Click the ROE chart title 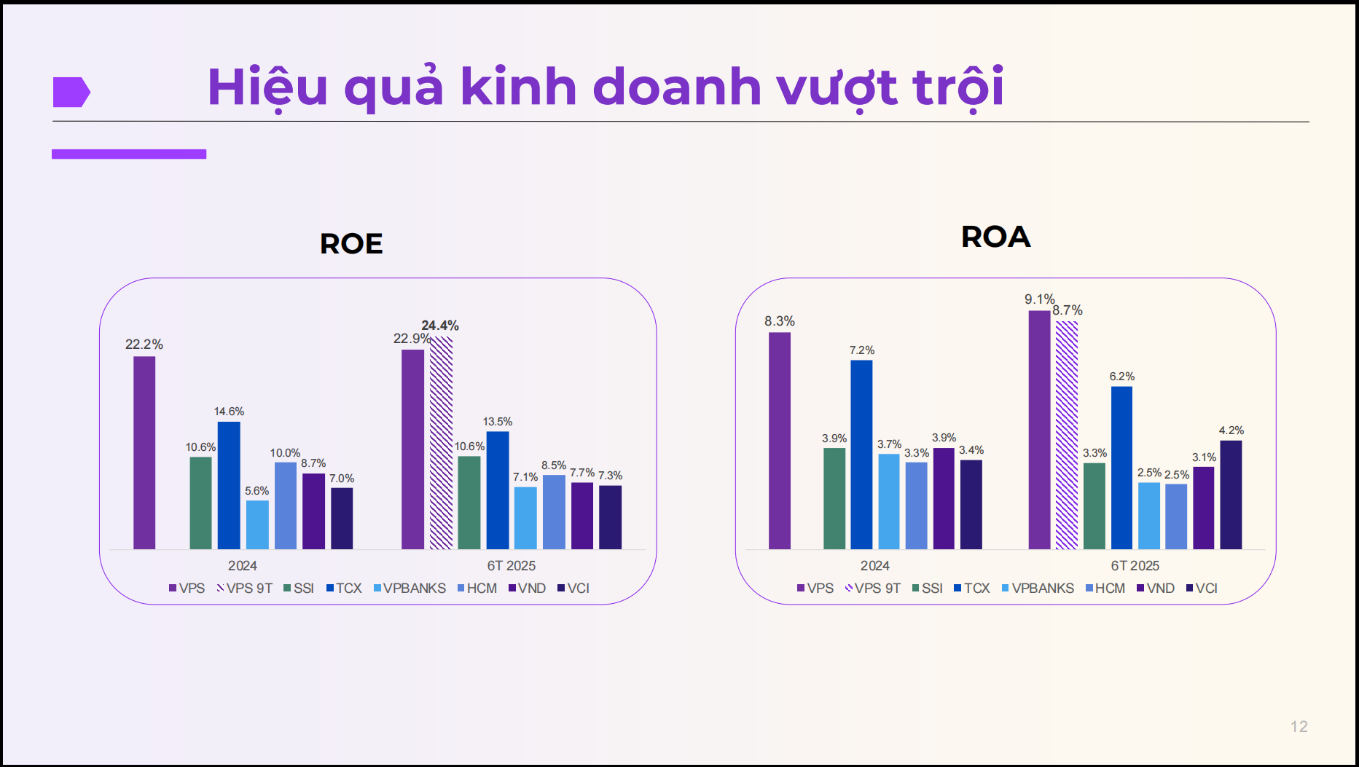[x=351, y=243]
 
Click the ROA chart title [x=996, y=237]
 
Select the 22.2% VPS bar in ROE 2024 [x=144, y=452]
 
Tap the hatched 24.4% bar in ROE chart [x=441, y=443]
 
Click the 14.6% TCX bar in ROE [x=229, y=485]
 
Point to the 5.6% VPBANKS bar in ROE [x=257, y=524]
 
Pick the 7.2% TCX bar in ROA [x=861, y=455]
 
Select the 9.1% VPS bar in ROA [x=1040, y=430]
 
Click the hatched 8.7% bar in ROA [x=1067, y=435]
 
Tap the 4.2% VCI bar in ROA [x=1231, y=495]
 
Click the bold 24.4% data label [x=440, y=326]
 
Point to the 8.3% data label [x=780, y=321]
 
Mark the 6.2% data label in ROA [x=1122, y=377]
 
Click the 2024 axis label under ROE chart [x=243, y=566]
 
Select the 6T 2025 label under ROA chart [x=1135, y=566]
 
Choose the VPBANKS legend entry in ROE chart [x=410, y=589]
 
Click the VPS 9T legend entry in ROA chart [x=873, y=589]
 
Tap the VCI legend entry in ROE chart [x=573, y=589]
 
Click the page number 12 [x=1299, y=726]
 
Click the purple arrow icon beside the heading [x=71, y=92]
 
